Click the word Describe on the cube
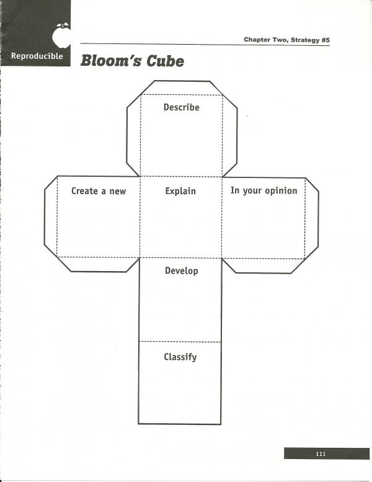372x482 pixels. click(x=181, y=107)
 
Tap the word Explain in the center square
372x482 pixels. click(x=180, y=191)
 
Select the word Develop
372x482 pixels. click(x=181, y=271)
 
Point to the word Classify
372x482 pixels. click(x=180, y=357)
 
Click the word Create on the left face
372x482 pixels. click(x=84, y=191)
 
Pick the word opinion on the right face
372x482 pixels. click(x=281, y=191)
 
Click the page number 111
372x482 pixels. click(x=321, y=453)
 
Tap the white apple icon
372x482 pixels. click(x=61, y=35)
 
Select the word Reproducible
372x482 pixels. click(x=37, y=56)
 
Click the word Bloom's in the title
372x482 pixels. click(x=111, y=61)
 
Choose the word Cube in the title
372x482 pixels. click(x=166, y=61)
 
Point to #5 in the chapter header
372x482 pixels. click(x=325, y=40)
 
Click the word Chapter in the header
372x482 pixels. click(x=257, y=40)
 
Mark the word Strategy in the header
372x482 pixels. click(x=304, y=40)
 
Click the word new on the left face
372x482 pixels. click(x=118, y=192)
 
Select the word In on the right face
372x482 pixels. click(x=235, y=190)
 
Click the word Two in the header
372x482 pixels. click(x=280, y=40)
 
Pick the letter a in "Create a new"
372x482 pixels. click(x=104, y=192)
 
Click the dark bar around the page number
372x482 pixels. click(x=327, y=453)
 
